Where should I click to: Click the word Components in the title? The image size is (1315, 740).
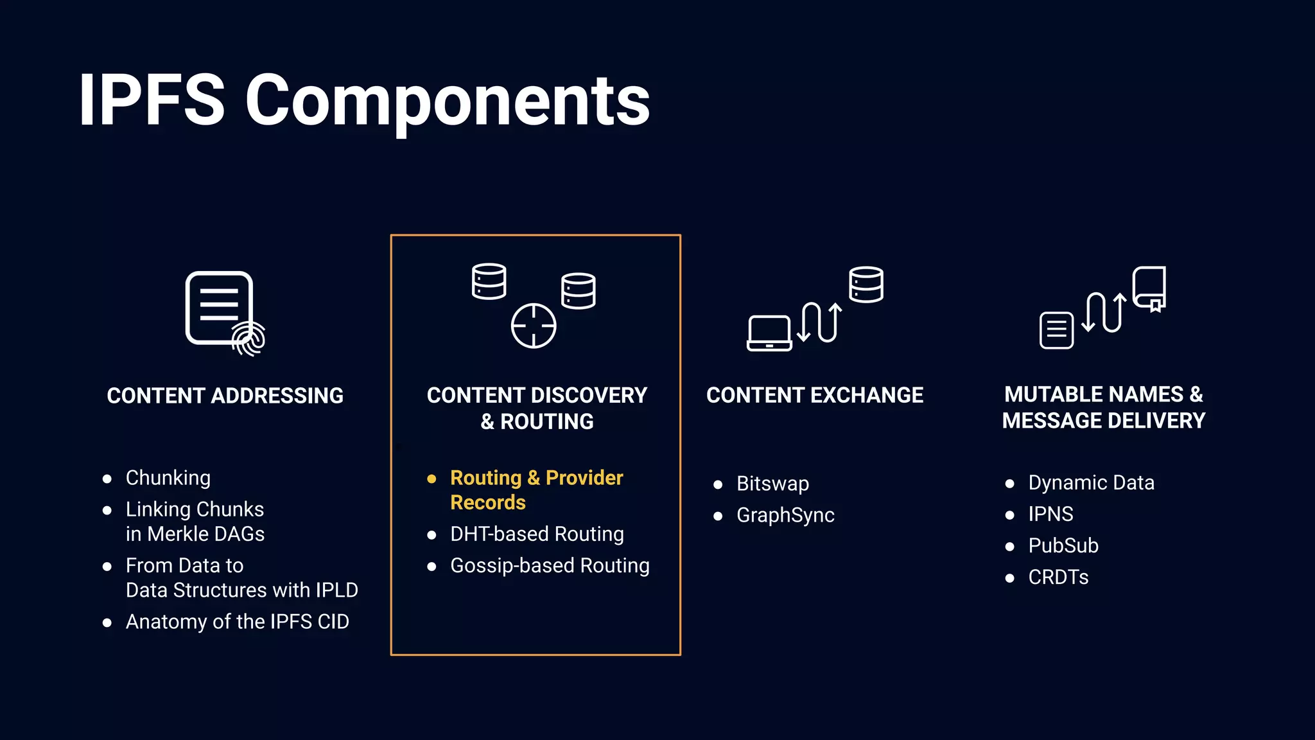click(x=448, y=101)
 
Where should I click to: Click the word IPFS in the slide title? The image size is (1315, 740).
click(x=152, y=101)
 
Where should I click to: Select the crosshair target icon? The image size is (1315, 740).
click(x=534, y=326)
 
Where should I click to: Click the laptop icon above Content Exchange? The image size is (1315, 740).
click(x=769, y=333)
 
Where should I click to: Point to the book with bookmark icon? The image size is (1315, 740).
click(x=1149, y=288)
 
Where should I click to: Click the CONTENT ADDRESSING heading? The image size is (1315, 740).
click(x=225, y=396)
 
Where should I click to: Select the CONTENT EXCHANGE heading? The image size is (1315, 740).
click(x=815, y=395)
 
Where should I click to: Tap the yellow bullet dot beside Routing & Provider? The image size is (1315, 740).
click(x=431, y=479)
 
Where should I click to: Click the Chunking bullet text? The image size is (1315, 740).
click(x=168, y=478)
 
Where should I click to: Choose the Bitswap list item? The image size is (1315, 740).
click(x=772, y=484)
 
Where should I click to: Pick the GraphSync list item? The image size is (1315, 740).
click(x=785, y=515)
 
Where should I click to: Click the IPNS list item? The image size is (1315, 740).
click(x=1050, y=514)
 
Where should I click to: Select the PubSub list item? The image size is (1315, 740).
click(x=1063, y=545)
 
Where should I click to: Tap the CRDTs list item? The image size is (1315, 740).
click(x=1058, y=577)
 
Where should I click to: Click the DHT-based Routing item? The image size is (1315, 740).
click(x=537, y=534)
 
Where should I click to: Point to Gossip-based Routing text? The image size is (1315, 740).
click(x=550, y=565)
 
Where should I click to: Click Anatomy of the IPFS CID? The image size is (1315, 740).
click(x=237, y=622)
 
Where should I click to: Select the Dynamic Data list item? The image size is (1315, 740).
click(x=1091, y=482)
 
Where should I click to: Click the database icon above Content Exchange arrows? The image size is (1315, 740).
click(x=866, y=285)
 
